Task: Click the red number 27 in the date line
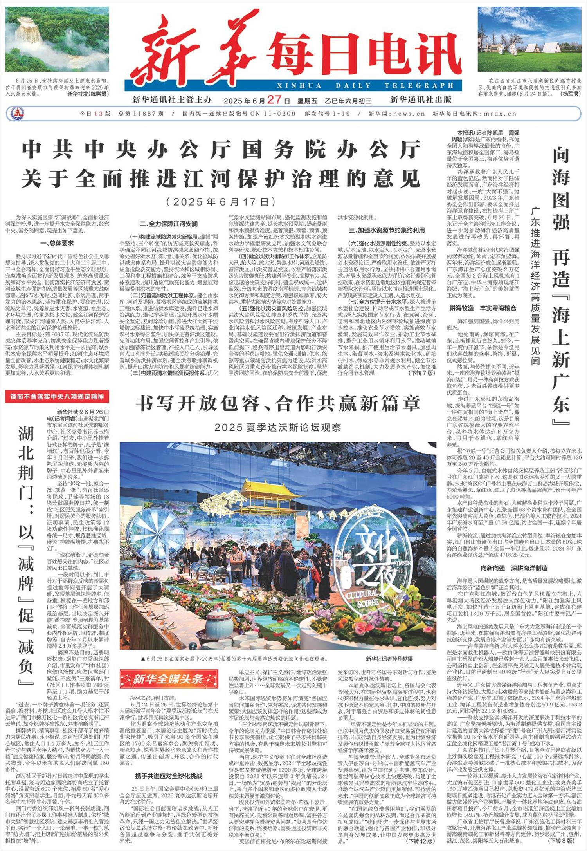275,99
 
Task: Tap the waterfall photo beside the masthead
57,39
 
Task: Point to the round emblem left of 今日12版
16,114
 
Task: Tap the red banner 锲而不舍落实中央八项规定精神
57,397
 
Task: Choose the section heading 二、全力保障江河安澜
168,224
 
